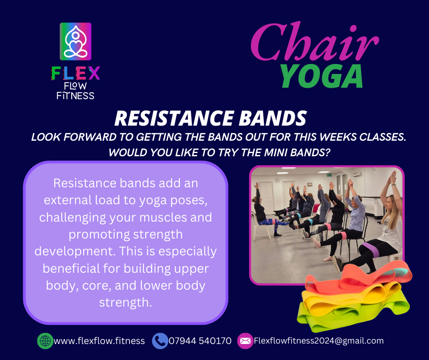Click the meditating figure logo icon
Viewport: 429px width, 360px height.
75,42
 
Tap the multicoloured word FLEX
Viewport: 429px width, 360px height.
75,73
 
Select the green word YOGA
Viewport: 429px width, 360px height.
322,76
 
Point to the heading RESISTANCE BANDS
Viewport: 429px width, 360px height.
210,118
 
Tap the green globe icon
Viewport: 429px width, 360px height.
45,341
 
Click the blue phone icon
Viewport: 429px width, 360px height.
160,341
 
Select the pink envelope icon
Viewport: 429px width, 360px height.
245,341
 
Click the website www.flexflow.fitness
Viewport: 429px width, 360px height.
99,341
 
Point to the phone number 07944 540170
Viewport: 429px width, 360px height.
200,341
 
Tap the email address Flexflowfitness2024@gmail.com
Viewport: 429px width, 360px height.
319,340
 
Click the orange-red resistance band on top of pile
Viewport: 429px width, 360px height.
358,277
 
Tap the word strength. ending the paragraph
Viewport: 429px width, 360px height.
126,302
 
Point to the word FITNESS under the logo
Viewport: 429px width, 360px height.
75,95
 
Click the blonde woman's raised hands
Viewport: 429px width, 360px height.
393,177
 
